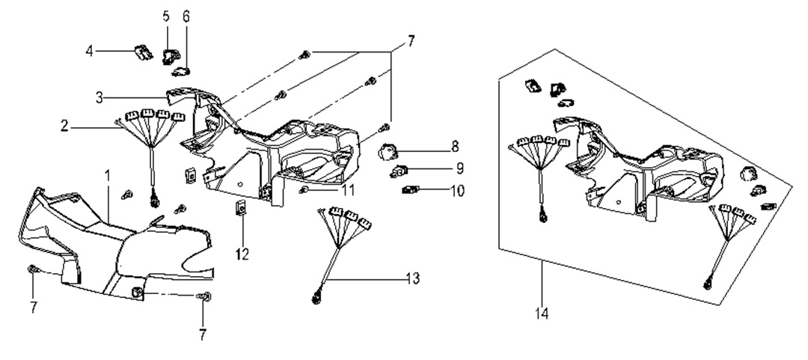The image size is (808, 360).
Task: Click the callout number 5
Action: (x=166, y=16)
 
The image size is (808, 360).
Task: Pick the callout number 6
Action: (x=186, y=16)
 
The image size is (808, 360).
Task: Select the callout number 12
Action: (x=242, y=254)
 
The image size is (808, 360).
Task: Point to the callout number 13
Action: (x=410, y=279)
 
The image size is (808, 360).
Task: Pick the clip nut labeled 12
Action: (x=242, y=207)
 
